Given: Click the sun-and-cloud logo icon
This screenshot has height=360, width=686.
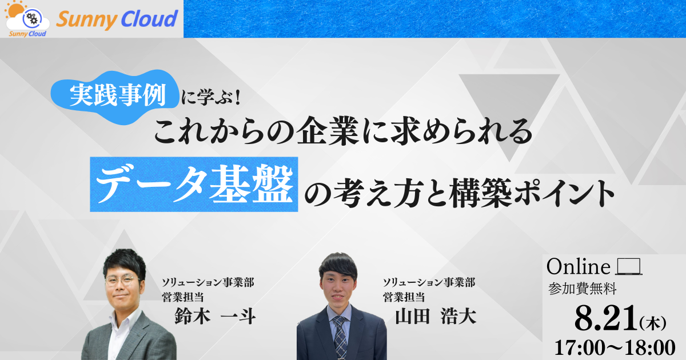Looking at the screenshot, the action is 27,18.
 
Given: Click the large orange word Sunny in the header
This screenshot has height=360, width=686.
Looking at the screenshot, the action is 86,20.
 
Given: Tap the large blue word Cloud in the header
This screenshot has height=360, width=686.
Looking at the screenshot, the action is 149,18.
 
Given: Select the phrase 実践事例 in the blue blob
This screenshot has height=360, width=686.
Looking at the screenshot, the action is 118,95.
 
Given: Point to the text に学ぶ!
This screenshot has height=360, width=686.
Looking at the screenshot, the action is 211,98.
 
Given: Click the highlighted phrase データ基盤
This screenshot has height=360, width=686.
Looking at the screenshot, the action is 194,184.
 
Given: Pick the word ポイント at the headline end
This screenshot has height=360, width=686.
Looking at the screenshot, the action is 564,193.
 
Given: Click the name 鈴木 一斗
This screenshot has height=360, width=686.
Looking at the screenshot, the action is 215,316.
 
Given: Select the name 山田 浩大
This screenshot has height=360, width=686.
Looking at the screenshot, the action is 436,316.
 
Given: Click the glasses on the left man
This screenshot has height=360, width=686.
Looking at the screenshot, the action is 122,280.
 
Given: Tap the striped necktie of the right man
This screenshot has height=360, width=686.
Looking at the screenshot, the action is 340,337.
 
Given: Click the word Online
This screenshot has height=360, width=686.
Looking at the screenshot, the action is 579,267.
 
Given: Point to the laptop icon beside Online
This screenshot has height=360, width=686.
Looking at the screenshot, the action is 629,267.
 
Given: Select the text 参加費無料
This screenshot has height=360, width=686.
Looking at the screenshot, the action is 582,289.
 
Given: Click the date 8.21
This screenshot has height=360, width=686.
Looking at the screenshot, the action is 606,318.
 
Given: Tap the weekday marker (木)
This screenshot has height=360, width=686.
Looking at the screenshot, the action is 653,323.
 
